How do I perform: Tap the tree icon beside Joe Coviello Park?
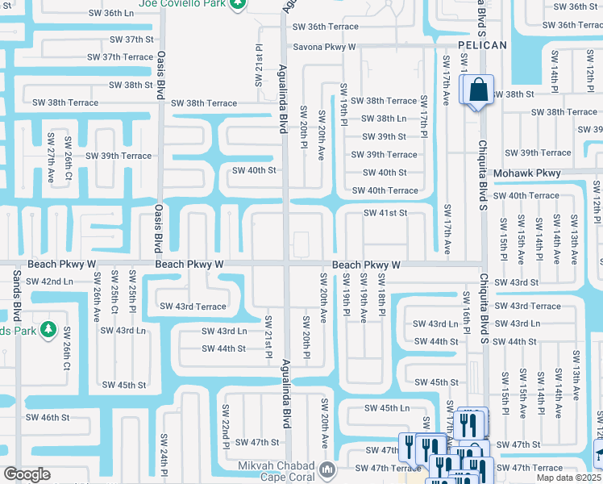pyautogui.click(x=237, y=4)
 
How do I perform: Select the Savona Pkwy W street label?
pyautogui.click(x=325, y=47)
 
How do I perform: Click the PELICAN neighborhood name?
pyautogui.click(x=482, y=45)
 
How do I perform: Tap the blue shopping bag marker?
pyautogui.click(x=478, y=90)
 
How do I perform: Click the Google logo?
pyautogui.click(x=27, y=474)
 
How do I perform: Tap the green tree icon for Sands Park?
pyautogui.click(x=48, y=329)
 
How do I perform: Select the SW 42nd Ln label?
pyautogui.click(x=49, y=282)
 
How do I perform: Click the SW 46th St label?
pyautogui.click(x=48, y=417)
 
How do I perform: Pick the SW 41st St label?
pyautogui.click(x=385, y=213)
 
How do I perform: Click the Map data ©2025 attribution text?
pyautogui.click(x=569, y=478)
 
